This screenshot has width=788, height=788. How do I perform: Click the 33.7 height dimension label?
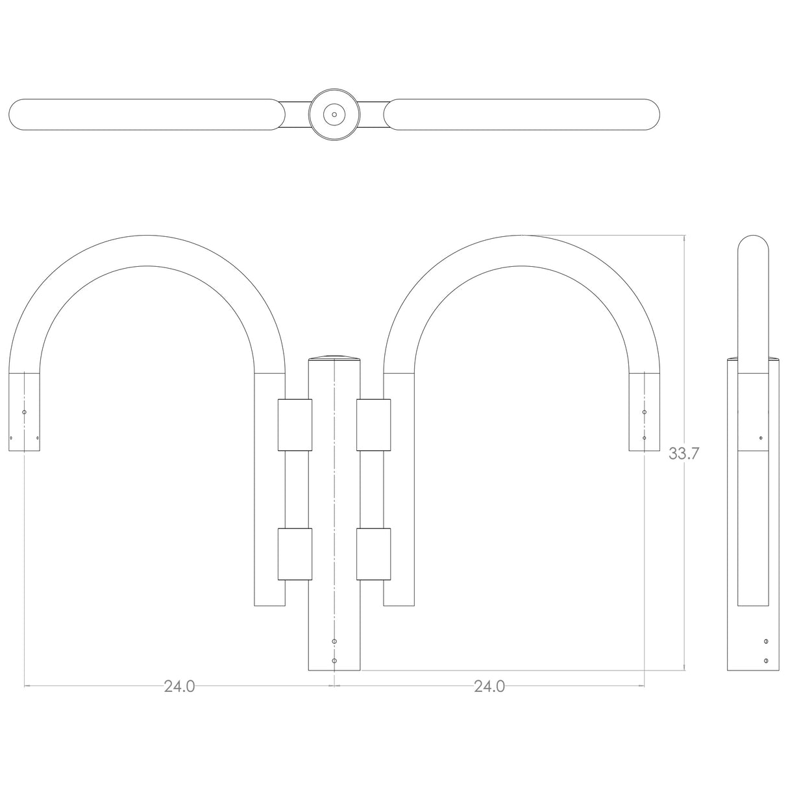tap(684, 454)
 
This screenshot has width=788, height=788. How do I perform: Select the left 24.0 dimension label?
tap(179, 686)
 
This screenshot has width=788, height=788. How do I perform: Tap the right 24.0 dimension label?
tap(489, 686)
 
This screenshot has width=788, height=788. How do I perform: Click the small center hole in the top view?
tap(334, 115)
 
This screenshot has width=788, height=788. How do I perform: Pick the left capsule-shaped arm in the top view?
tap(147, 115)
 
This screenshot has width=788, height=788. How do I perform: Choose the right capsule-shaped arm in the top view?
tap(521, 115)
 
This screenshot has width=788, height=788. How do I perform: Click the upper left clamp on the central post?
tap(295, 425)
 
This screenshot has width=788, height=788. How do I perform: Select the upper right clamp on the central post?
tap(373, 425)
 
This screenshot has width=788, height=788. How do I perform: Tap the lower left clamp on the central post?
tap(295, 554)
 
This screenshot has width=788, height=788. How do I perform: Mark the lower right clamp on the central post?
tap(373, 554)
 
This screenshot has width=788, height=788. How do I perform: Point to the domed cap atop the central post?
tap(334, 358)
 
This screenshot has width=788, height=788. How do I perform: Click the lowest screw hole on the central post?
tap(334, 661)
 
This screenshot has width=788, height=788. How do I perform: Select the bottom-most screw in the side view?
tap(767, 661)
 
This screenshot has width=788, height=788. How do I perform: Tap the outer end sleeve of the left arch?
tap(25, 412)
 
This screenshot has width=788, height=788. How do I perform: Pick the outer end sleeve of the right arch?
tap(644, 412)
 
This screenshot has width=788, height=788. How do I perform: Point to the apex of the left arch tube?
tap(147, 251)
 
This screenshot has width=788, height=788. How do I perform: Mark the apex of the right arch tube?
tap(521, 251)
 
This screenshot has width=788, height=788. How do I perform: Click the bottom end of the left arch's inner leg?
tap(269, 600)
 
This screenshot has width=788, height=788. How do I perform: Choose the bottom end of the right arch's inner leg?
tap(399, 600)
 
